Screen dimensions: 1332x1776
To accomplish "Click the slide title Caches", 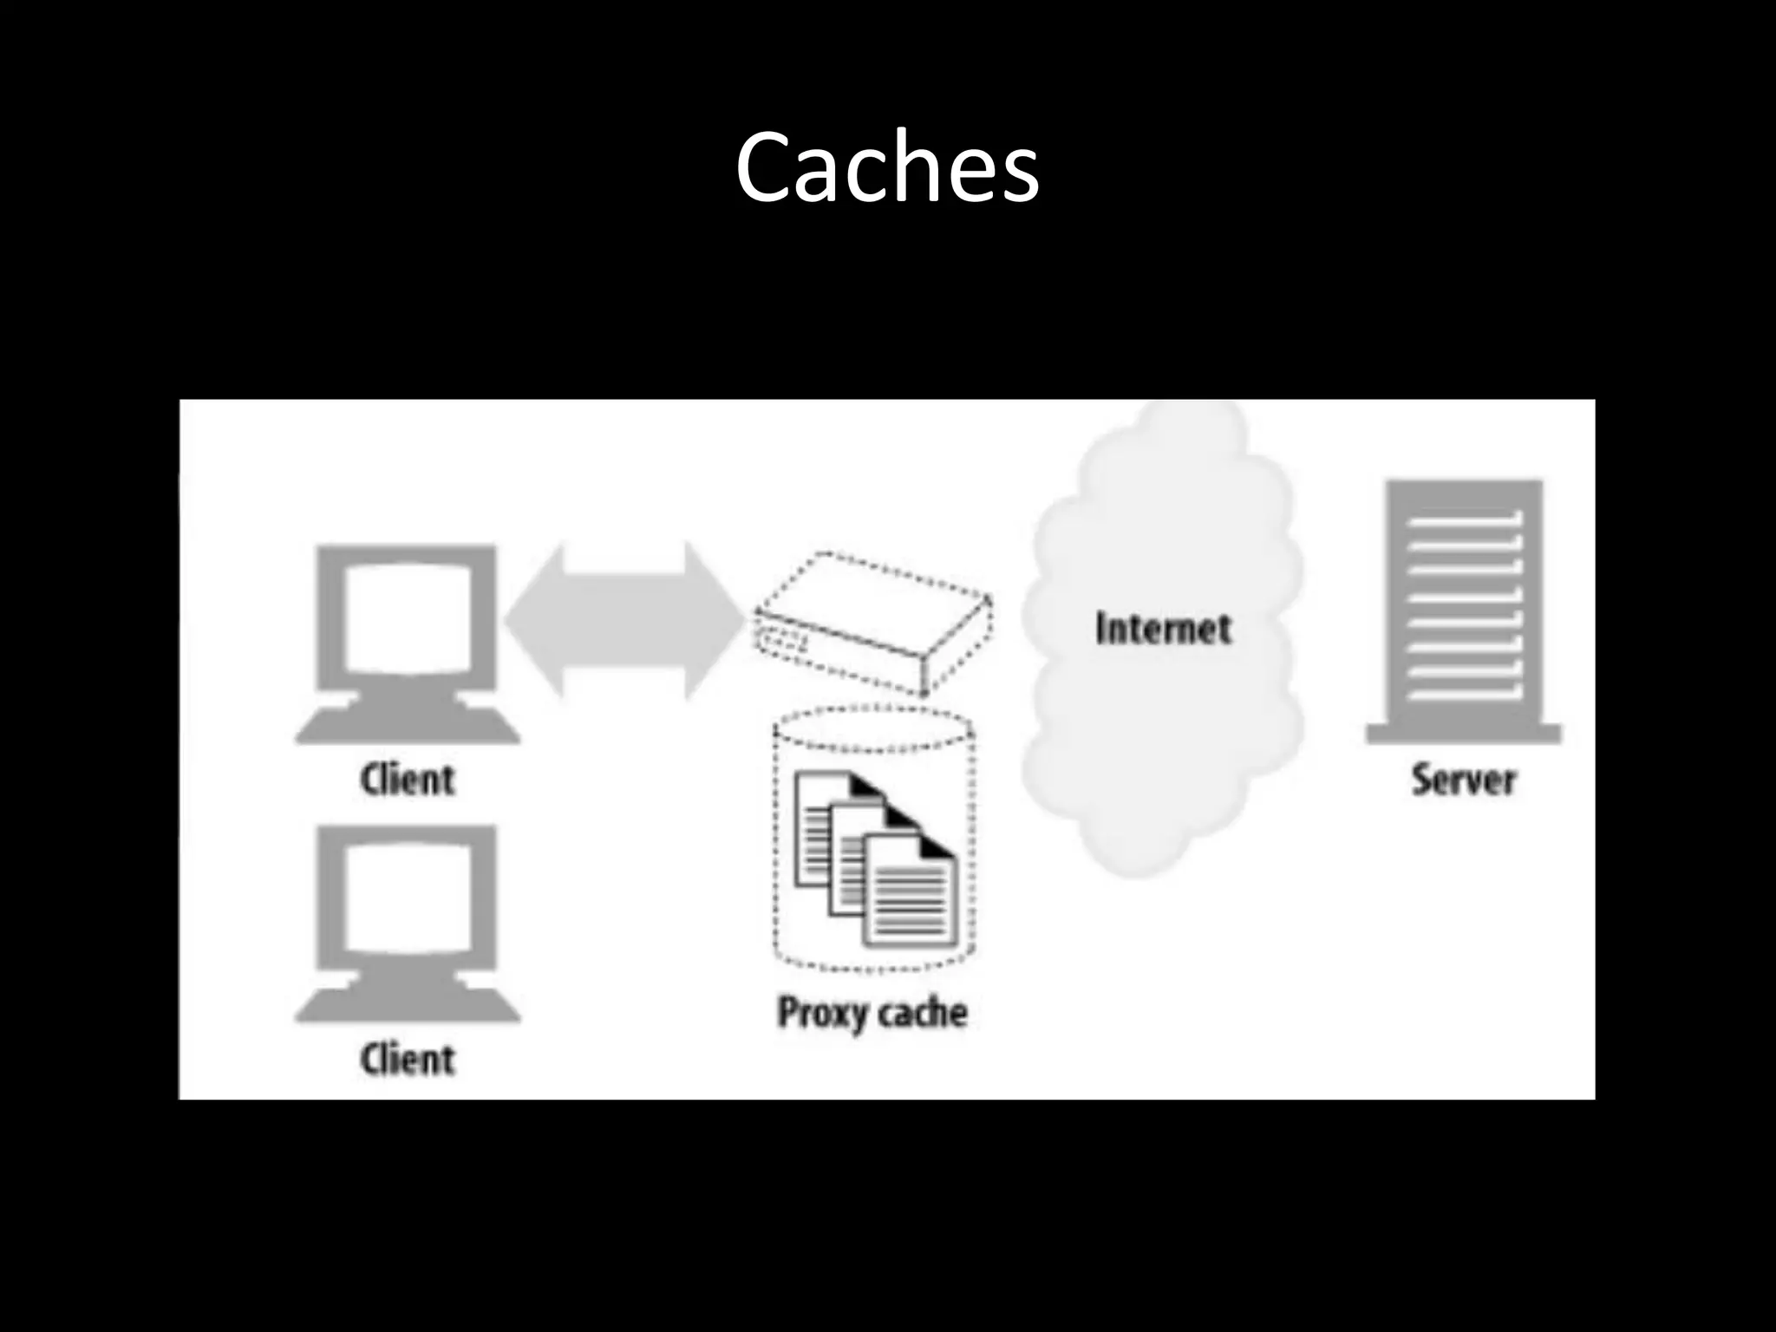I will click(x=886, y=167).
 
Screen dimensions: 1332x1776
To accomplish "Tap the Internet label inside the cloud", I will click(x=1163, y=629).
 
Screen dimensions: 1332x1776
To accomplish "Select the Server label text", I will click(x=1463, y=780).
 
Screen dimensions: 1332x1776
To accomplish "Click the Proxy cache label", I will click(x=872, y=1013).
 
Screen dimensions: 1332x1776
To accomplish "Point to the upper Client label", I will click(x=407, y=780).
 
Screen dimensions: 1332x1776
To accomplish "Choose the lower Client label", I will click(x=407, y=1060).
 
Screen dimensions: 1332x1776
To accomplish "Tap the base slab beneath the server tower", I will click(x=1464, y=734).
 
